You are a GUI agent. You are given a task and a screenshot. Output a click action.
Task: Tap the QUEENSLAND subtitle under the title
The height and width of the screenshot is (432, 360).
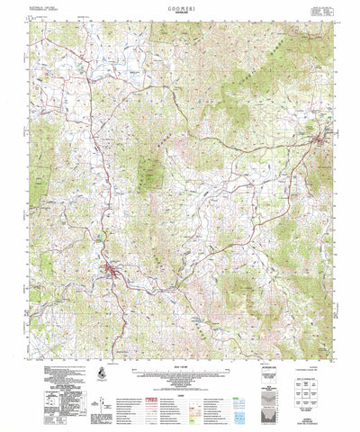180,12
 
